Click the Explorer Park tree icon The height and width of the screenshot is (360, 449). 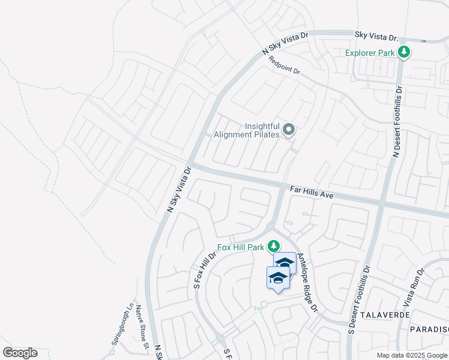pos(405,52)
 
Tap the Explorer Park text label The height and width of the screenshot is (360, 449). pos(370,53)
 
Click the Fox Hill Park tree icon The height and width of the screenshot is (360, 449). pos(274,246)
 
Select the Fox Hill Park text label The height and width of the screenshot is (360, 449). pos(241,247)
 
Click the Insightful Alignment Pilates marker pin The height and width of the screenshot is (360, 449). pos(289,130)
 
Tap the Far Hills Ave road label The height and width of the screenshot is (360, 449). pos(312,192)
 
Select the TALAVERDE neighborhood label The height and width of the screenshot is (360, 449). pos(384,314)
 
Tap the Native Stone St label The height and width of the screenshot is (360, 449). pos(142,328)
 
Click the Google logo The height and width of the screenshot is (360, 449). pos(20,352)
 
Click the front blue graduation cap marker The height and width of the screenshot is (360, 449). pos(277,278)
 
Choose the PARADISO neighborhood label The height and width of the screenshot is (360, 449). pos(429,329)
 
